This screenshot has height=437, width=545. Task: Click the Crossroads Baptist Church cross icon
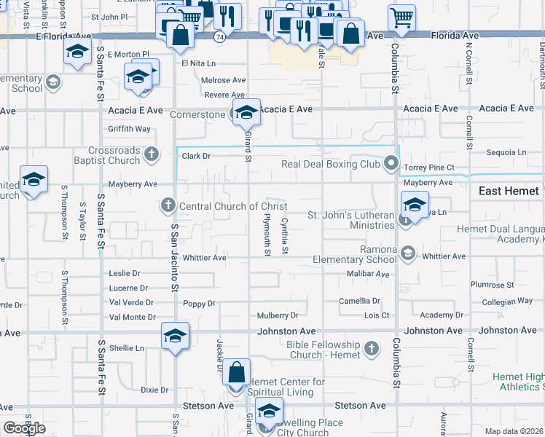(151, 154)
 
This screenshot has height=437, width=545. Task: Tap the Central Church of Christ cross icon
(168, 206)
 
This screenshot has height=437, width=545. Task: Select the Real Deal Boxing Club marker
(392, 163)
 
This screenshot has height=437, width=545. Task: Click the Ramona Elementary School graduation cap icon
(407, 253)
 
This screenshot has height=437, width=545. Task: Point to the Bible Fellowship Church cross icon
(372, 349)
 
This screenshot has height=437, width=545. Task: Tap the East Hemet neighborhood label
(509, 191)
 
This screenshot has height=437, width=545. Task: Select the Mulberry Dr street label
(278, 315)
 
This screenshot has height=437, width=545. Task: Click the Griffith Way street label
(129, 129)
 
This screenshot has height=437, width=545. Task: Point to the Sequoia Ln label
(506, 152)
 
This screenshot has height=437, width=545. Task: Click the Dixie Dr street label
(154, 390)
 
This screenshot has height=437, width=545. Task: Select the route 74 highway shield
(219, 36)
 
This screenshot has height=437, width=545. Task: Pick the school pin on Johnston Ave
(175, 336)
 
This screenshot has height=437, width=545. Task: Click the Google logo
(24, 428)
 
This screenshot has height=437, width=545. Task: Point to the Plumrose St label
(493, 285)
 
